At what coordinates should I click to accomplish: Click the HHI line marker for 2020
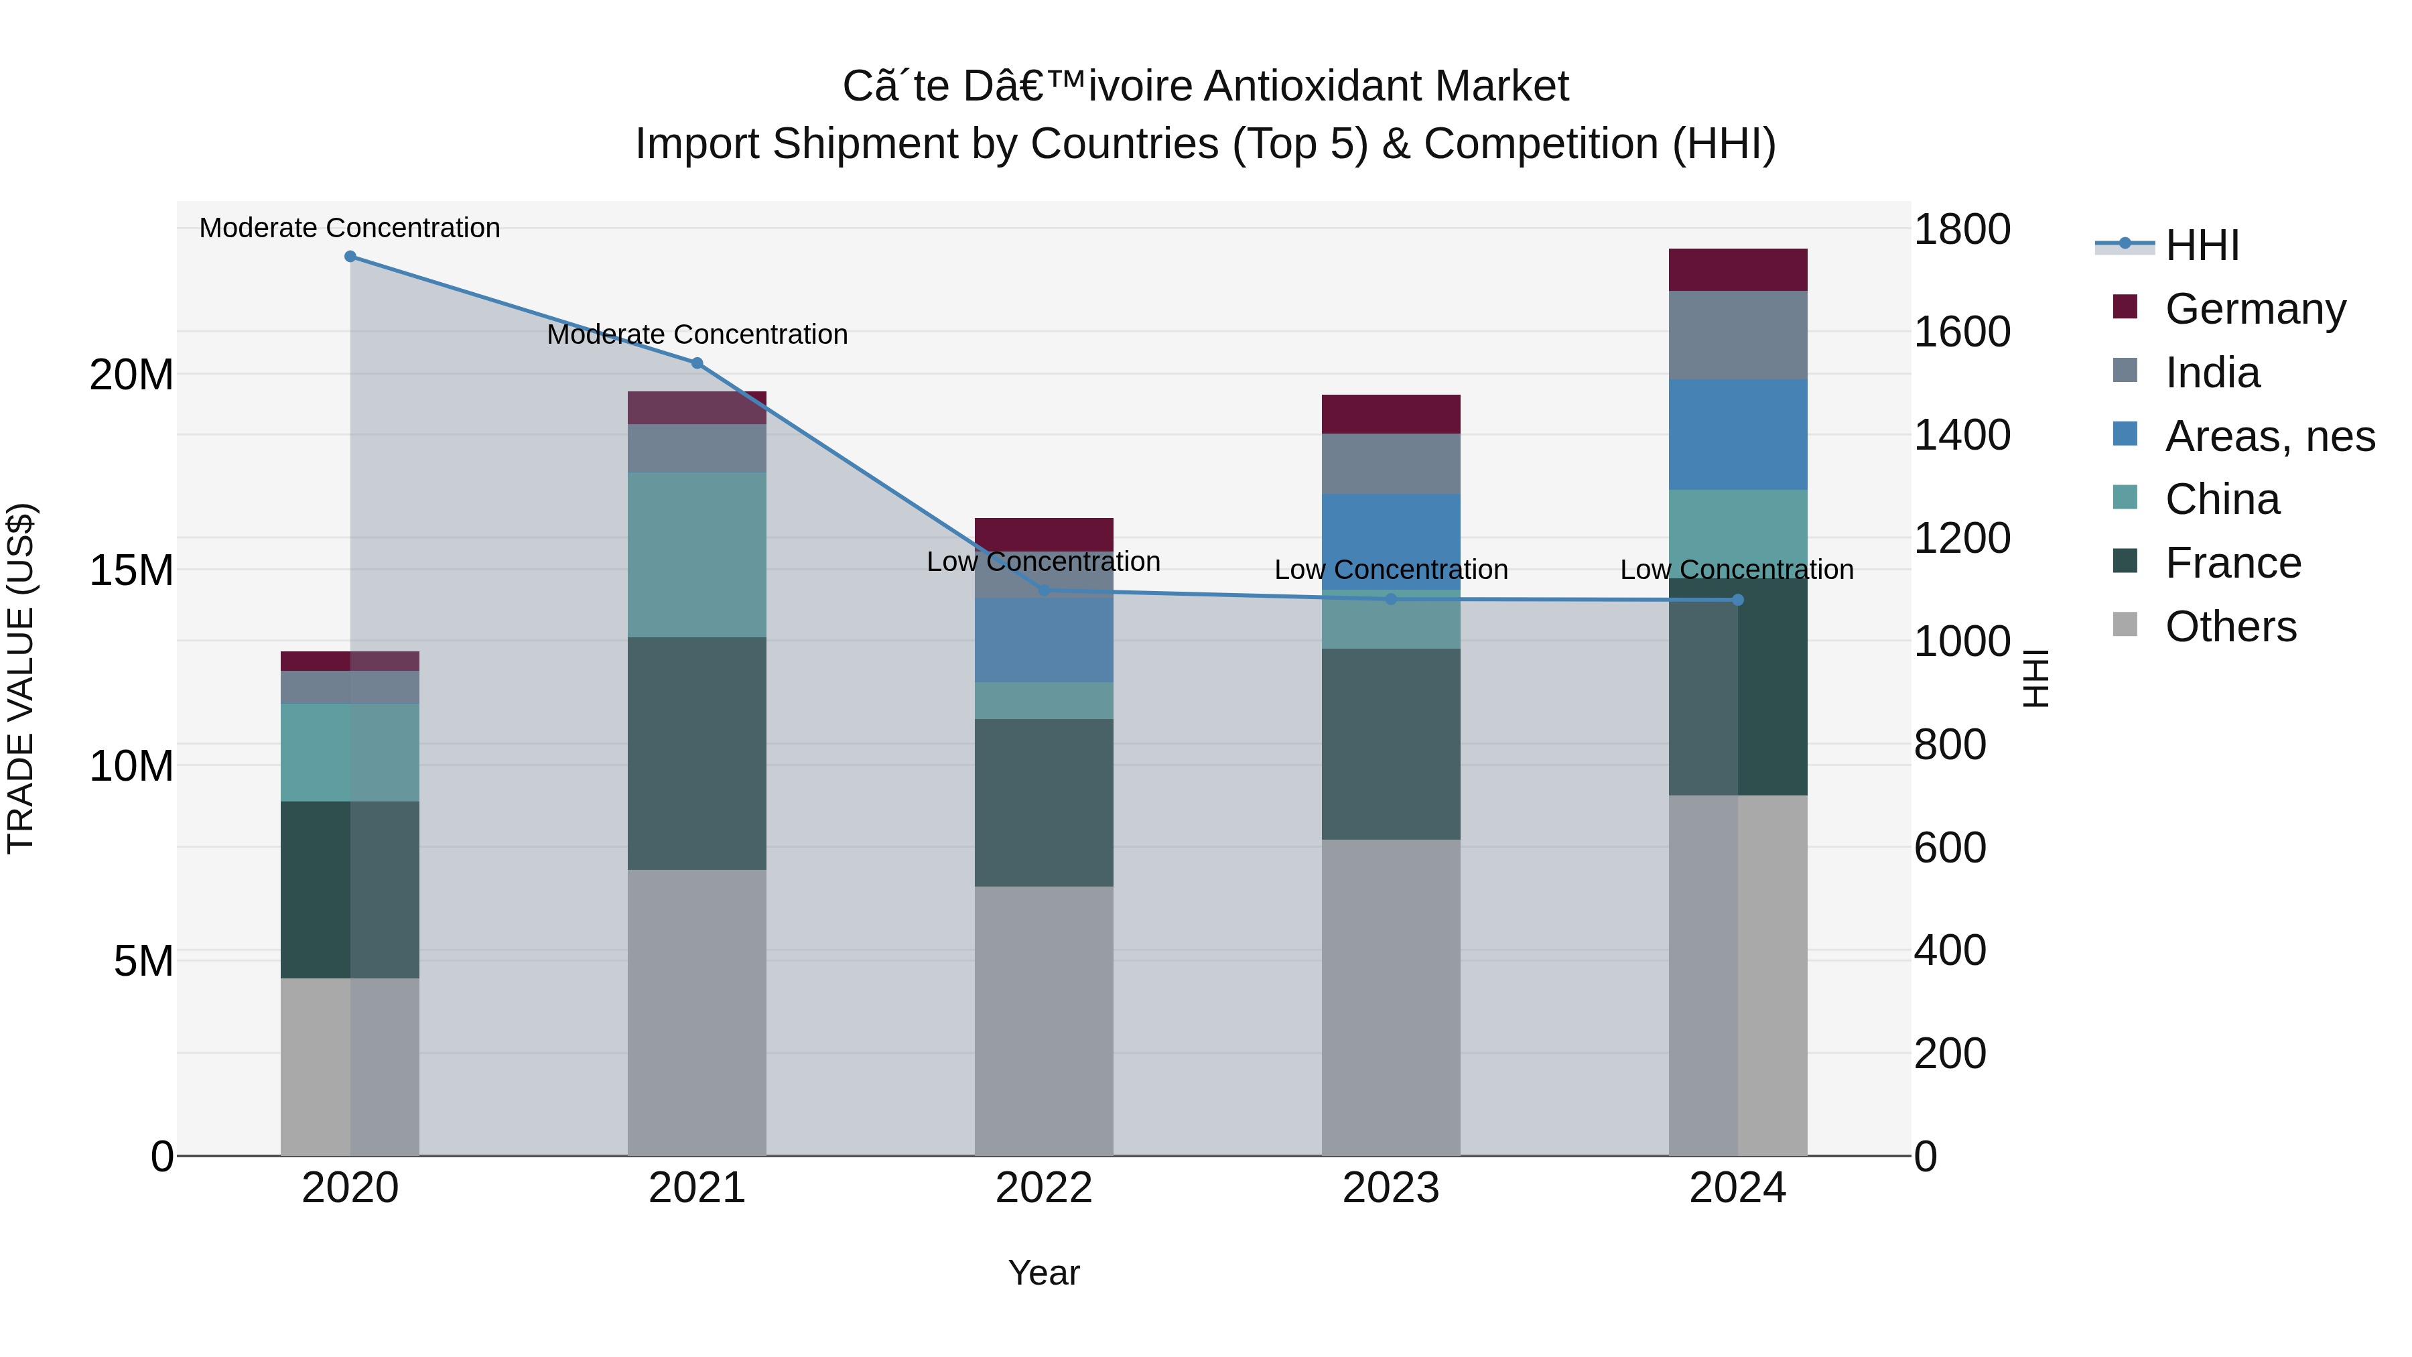350,257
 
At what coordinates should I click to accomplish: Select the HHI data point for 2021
697,363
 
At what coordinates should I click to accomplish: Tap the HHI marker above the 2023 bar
1390,599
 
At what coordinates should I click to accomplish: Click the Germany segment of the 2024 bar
1738,269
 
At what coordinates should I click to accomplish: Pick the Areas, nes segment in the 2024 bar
1738,434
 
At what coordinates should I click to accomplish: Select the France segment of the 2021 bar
697,754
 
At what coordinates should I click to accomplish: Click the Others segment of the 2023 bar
1390,997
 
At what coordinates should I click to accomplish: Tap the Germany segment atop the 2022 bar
1044,534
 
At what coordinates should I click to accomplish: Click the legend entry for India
2212,373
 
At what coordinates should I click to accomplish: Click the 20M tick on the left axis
131,375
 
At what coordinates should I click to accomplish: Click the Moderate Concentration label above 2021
697,334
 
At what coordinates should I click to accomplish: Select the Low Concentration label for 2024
1737,570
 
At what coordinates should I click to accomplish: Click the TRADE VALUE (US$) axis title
21,678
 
